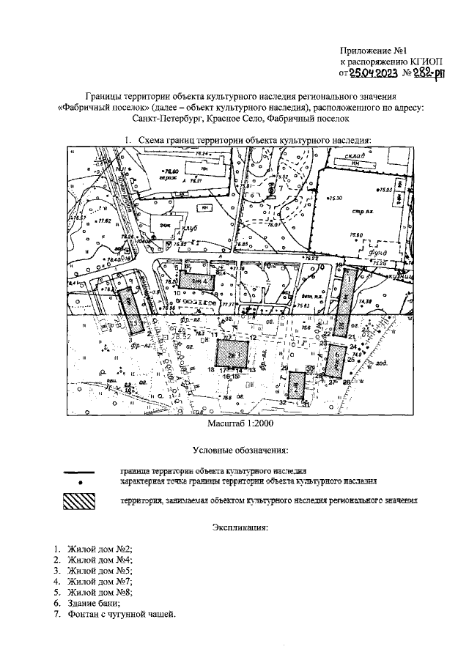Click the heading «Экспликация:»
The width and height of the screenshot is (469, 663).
[x=240, y=527]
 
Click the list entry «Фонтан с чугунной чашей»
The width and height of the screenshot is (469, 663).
[x=121, y=613]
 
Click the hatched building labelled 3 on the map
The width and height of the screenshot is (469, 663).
[x=234, y=353]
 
